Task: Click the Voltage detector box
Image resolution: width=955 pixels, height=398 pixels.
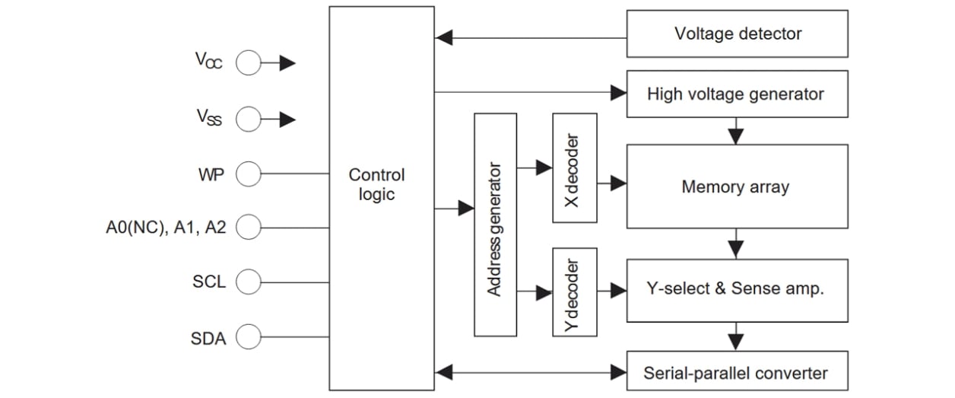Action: point(737,33)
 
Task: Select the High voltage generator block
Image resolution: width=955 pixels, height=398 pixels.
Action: point(737,94)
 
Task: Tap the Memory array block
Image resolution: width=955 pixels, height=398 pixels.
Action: point(737,186)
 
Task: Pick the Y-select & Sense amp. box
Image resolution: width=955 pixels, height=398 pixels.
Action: point(737,289)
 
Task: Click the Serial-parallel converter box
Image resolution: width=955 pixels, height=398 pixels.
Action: point(737,373)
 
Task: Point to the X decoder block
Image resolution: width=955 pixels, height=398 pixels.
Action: point(575,168)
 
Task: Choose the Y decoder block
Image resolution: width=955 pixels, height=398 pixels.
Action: point(575,291)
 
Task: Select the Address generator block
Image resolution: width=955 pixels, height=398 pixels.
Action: point(495,224)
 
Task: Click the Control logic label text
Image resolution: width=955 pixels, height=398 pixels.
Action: point(377,184)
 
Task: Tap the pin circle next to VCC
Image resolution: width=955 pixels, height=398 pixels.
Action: point(248,63)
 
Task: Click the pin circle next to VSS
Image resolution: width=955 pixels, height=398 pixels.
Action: point(248,119)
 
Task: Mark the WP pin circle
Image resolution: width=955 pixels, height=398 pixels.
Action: point(248,175)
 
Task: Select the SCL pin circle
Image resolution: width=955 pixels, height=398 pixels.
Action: point(248,282)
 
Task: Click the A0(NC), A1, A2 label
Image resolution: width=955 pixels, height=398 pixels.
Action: point(167,227)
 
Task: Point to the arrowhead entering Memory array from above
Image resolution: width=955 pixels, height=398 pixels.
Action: point(735,137)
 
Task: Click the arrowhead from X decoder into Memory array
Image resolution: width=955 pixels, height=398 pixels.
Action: point(618,183)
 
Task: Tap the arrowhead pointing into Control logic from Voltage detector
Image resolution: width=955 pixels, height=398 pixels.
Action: point(444,37)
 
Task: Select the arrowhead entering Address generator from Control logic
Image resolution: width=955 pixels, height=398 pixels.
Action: point(465,208)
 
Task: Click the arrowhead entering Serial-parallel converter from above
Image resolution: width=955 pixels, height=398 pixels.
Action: point(735,343)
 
